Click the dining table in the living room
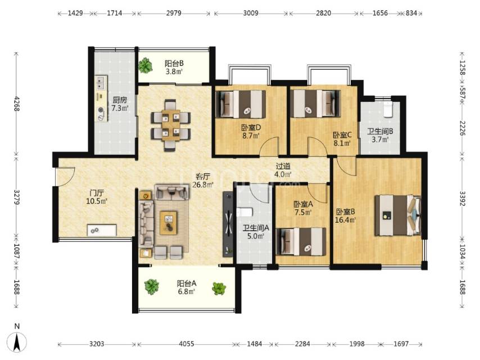(x=171, y=125)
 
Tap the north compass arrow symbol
(x=17, y=341)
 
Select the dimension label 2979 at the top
(x=174, y=13)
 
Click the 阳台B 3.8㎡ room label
(x=174, y=67)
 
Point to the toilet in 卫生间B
(x=388, y=109)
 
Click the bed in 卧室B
(x=398, y=215)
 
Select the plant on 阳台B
(x=145, y=65)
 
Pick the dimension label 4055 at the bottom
(x=187, y=344)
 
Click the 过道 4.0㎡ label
(x=283, y=170)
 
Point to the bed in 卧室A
(x=301, y=242)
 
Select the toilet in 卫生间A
(x=244, y=212)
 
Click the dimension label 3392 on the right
(x=462, y=199)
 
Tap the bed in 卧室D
(x=241, y=105)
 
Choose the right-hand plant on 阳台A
(x=219, y=289)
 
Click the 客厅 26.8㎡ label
(x=203, y=181)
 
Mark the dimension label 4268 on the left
(x=17, y=103)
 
